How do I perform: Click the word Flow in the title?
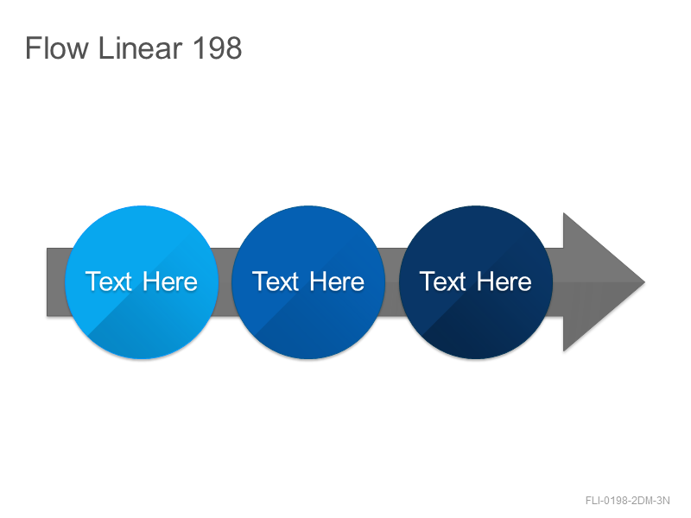click(57, 47)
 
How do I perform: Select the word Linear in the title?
click(140, 47)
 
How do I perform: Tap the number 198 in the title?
click(218, 47)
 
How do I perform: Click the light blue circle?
click(142, 282)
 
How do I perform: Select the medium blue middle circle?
click(308, 282)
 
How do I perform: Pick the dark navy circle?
click(476, 282)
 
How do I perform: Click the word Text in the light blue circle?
click(109, 281)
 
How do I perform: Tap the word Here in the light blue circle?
click(170, 281)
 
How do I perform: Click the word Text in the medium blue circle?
click(276, 281)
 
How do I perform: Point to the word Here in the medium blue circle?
click(337, 281)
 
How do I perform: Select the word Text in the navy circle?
click(442, 281)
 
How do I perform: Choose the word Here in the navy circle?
click(504, 281)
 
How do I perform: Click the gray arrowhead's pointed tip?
click(644, 282)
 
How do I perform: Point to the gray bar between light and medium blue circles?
click(225, 282)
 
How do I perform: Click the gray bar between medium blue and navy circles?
click(392, 282)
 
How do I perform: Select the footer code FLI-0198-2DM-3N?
click(628, 501)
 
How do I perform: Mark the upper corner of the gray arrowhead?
click(564, 212)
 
